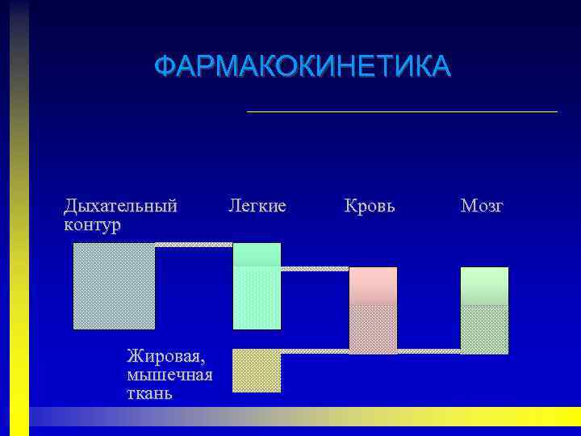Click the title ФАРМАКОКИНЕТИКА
coord(303,66)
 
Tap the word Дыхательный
coord(120,206)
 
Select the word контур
coord(92,224)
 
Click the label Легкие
coord(257,206)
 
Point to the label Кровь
coord(370,206)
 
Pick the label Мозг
coord(482,206)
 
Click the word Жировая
coord(165,354)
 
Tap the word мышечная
coord(169,374)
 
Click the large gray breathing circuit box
coord(114,286)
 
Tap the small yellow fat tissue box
coord(257,371)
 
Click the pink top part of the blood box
coord(373,285)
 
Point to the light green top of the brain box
coord(484,285)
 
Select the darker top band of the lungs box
coord(257,254)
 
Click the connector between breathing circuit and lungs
coord(194,244)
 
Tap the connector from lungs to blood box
coord(315,268)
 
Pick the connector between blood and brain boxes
coord(428,351)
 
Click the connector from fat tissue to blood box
coord(315,351)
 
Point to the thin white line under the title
coord(402,111)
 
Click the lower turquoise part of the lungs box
coord(257,298)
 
